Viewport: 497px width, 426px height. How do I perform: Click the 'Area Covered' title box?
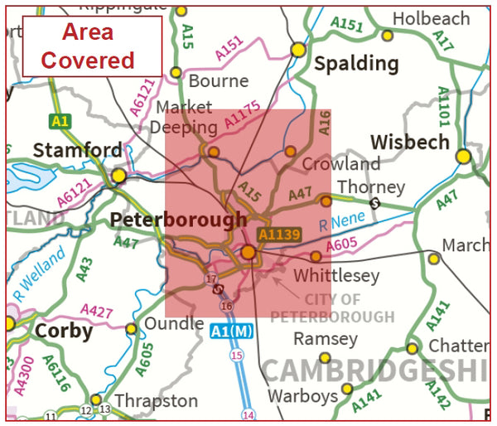92,46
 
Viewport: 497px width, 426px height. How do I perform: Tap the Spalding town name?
356,64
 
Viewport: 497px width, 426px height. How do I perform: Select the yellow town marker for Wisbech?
463,156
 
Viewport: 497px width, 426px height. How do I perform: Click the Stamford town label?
77,151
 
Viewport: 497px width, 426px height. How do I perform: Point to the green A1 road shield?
60,121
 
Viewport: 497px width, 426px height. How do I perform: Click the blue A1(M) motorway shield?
229,331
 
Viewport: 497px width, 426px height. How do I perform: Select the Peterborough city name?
178,220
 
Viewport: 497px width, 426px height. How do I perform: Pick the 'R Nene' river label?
341,223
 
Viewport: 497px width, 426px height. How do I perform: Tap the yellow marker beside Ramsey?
325,357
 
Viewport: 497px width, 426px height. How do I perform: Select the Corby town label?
63,331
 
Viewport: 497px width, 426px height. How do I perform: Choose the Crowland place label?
341,163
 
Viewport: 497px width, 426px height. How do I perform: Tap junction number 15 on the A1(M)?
237,356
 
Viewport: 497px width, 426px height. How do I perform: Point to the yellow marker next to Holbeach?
387,35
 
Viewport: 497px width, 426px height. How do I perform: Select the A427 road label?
97,313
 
